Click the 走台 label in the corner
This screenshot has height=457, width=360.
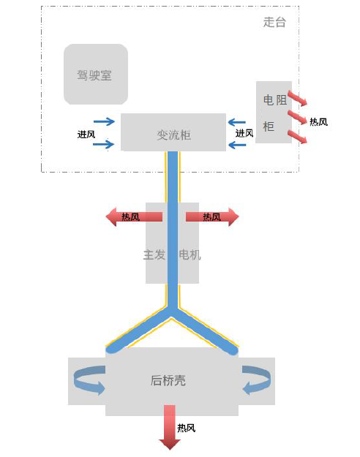pos(274,22)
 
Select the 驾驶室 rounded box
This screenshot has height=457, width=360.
pos(95,74)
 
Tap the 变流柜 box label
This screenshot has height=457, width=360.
pos(173,135)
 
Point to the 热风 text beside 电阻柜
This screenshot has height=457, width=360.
pos(318,122)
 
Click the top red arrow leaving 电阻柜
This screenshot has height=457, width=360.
pos(296,98)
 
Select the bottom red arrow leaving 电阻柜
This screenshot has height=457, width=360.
pos(296,137)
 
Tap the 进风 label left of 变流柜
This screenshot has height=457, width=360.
pos(86,134)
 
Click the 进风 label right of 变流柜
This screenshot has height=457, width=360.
pos(244,134)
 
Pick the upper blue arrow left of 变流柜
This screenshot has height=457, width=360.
pos(105,122)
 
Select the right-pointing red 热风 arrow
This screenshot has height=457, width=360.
pos(212,216)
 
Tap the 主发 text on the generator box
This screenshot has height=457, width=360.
pos(154,255)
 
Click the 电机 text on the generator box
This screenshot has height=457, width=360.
pos(190,255)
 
